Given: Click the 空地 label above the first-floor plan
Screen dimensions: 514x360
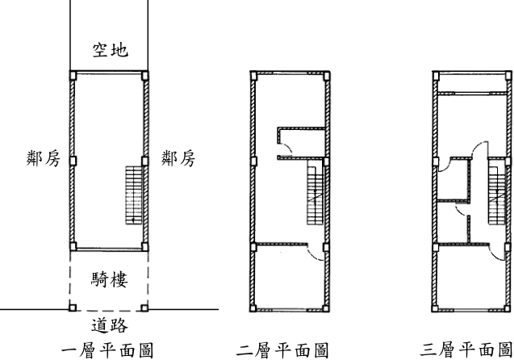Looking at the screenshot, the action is point(110,50).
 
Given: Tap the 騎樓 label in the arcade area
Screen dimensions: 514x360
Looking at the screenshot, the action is point(110,279).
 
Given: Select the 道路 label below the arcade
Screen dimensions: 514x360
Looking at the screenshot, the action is point(110,325).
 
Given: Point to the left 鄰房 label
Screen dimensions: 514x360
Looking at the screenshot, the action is point(44,159).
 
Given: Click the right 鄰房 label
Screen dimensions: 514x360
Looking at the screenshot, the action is point(178,159).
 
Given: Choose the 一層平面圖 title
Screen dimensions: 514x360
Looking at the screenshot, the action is point(107,350).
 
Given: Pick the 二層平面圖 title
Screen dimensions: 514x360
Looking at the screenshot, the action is point(282,350).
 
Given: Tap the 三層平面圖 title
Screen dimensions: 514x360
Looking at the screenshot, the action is point(466,350).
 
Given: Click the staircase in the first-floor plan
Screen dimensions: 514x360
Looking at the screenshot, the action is point(134,195).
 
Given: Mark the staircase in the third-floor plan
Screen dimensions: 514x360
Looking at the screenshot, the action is point(497,195).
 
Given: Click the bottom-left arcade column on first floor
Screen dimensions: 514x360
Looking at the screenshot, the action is point(73,308).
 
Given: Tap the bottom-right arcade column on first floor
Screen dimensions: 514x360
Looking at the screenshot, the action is point(144,308).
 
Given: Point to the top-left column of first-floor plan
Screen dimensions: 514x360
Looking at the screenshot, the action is point(73,76).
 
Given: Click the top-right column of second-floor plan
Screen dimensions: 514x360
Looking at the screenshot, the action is point(326,77).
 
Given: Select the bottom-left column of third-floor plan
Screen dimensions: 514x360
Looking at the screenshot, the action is point(435,308).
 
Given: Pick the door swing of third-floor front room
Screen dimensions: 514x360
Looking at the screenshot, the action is point(497,253).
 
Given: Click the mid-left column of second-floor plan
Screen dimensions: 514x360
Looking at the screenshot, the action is point(253,161).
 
